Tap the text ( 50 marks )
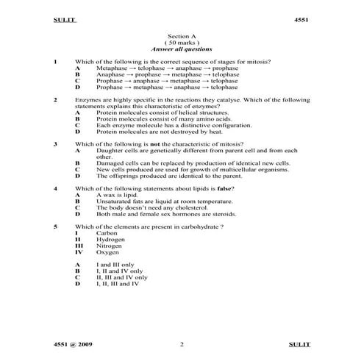pyautogui.click(x=182, y=42)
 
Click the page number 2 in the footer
pyautogui.click(x=182, y=343)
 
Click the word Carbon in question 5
pyautogui.click(x=107, y=233)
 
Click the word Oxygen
pyautogui.click(x=107, y=252)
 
